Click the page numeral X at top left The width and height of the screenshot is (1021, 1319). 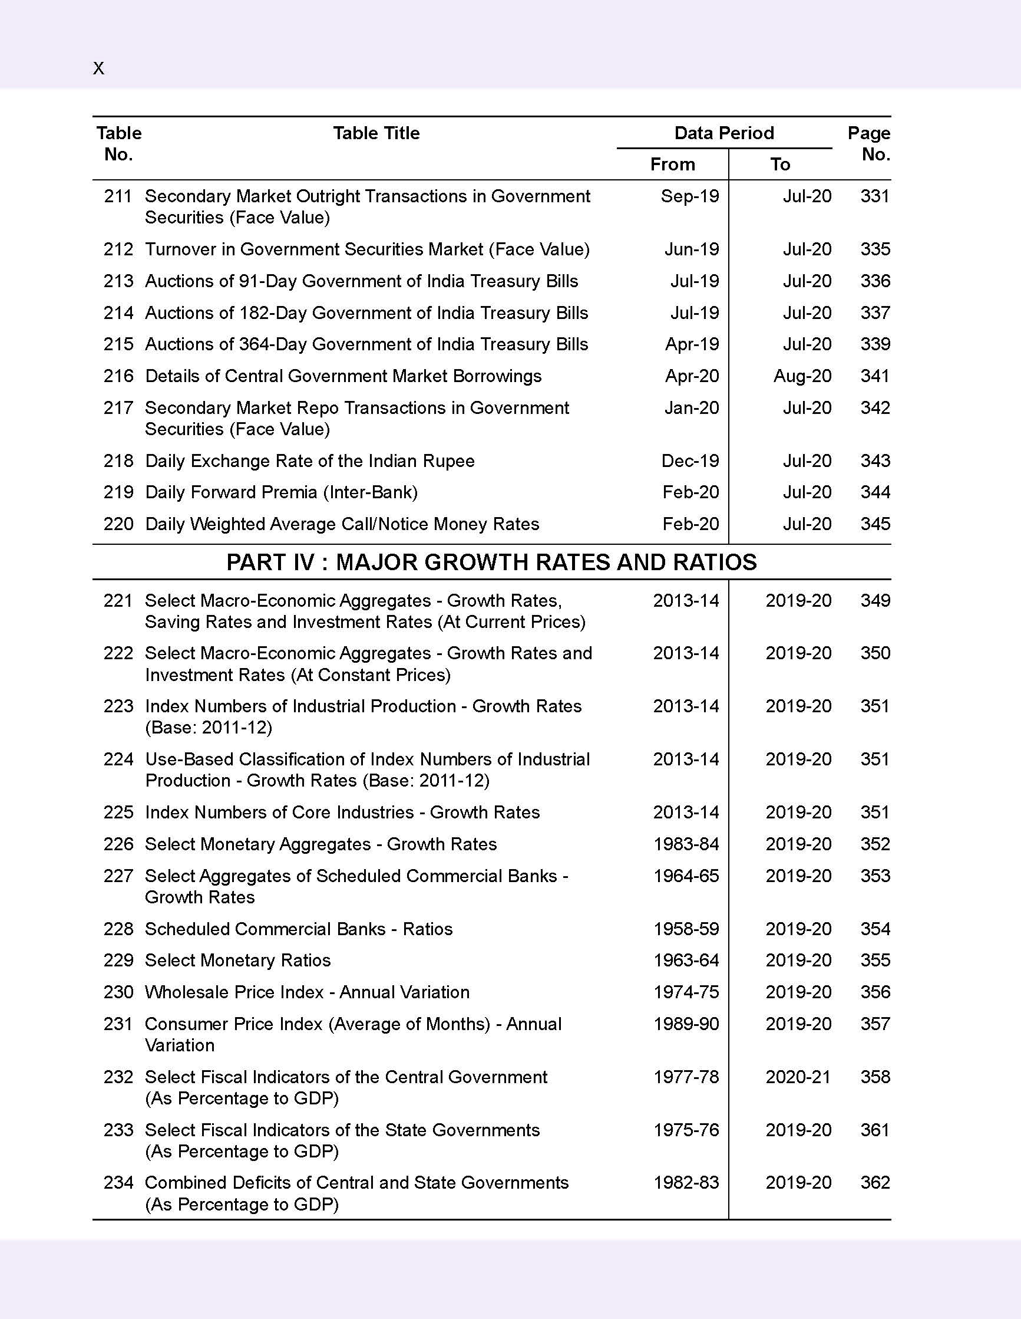click(x=98, y=68)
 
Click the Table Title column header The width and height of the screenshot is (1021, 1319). click(x=376, y=133)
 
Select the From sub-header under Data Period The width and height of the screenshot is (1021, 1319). click(x=672, y=165)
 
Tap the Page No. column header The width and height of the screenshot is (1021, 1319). click(x=868, y=144)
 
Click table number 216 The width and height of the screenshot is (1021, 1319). click(x=118, y=376)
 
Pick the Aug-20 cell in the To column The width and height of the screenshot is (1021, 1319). click(x=802, y=376)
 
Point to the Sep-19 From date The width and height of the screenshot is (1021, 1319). click(x=689, y=196)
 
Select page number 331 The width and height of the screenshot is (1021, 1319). click(x=874, y=196)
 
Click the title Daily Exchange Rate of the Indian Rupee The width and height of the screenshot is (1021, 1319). click(x=309, y=461)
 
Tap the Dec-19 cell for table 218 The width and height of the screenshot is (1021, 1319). click(x=690, y=461)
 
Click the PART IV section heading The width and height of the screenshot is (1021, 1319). click(x=491, y=563)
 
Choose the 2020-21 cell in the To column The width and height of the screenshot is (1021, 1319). click(x=798, y=1077)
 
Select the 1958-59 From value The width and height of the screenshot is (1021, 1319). click(x=686, y=929)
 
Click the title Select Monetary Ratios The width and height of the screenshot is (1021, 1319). click(x=238, y=961)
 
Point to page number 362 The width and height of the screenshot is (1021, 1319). click(x=875, y=1183)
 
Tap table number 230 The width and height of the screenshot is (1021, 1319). click(x=118, y=992)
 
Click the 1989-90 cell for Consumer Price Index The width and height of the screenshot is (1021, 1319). click(x=686, y=1024)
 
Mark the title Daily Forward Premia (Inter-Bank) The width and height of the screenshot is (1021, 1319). click(x=281, y=492)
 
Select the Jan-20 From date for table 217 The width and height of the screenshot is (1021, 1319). click(x=691, y=407)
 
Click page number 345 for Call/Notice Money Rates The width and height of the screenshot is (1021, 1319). click(x=875, y=524)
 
